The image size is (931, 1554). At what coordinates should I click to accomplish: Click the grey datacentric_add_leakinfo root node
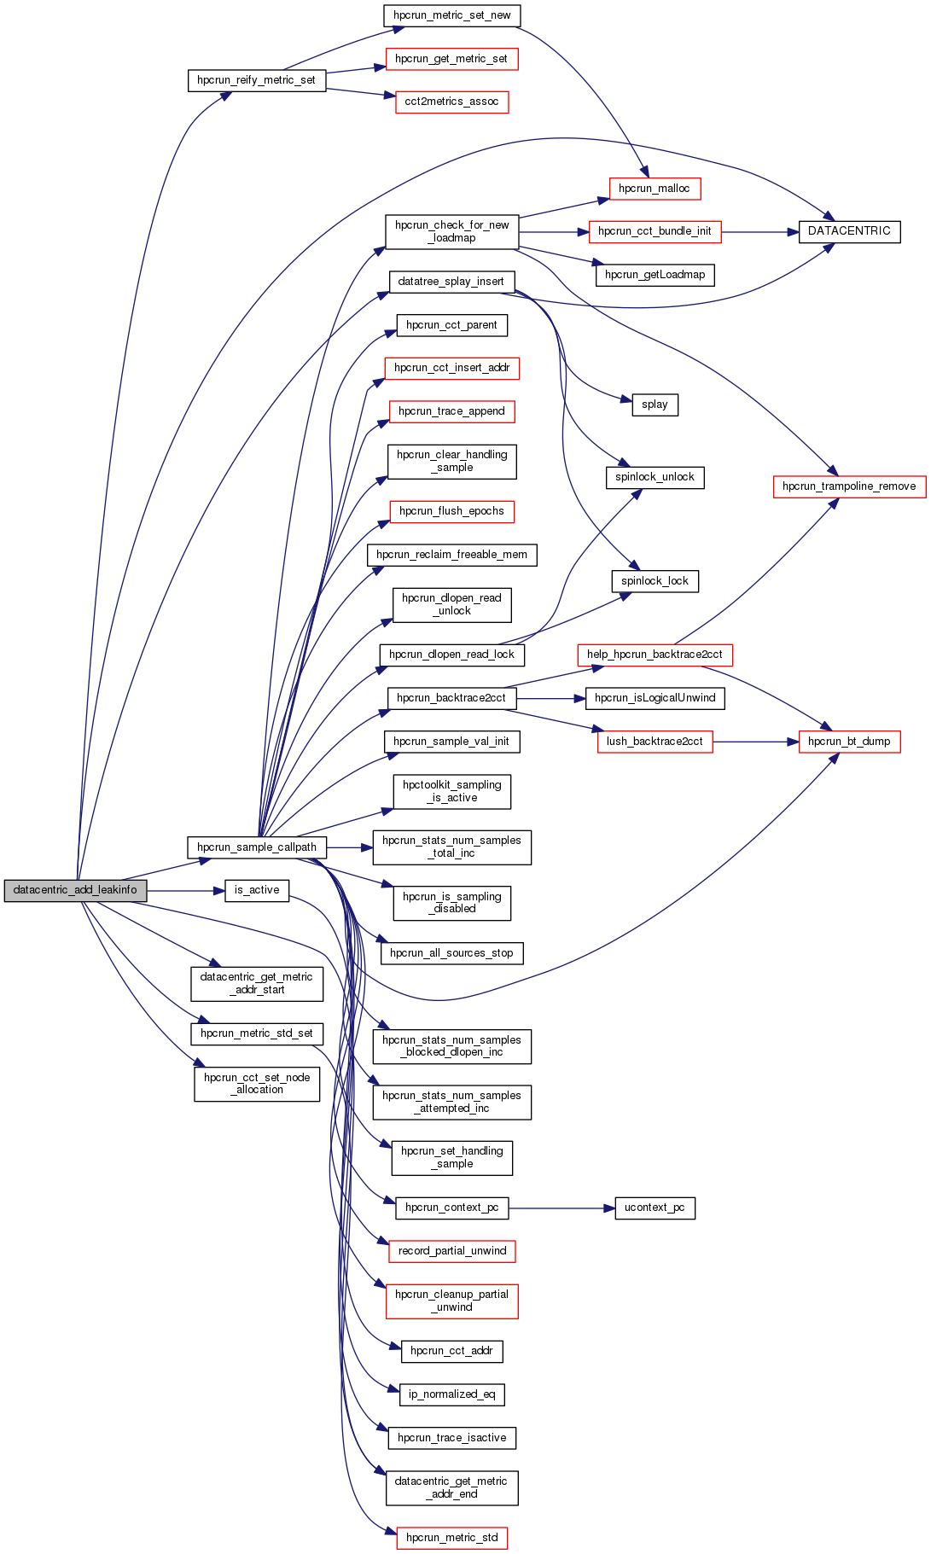[75, 890]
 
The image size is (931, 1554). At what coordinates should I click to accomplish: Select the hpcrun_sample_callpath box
[257, 847]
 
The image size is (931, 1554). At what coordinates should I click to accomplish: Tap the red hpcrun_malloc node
[655, 189]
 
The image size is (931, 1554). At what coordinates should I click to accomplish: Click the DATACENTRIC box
[849, 231]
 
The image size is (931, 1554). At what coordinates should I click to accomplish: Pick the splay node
[655, 405]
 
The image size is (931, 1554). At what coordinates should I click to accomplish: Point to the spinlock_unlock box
[655, 477]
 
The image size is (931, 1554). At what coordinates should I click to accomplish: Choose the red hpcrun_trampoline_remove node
[849, 486]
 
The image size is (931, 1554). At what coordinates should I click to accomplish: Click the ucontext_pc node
[655, 1208]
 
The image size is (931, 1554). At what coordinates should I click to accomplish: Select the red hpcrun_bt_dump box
[849, 742]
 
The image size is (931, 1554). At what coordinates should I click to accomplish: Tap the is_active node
[257, 890]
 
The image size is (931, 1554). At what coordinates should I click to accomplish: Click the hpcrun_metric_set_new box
[451, 15]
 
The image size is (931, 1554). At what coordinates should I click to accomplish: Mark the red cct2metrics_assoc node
[451, 102]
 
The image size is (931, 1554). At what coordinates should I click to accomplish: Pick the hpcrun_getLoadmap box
[655, 275]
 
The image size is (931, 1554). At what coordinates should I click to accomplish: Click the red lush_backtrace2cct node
[655, 742]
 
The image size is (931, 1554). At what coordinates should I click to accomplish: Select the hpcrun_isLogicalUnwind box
[655, 698]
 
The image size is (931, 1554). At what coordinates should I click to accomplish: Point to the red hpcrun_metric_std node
[451, 1538]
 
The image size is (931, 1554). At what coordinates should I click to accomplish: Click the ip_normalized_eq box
[451, 1394]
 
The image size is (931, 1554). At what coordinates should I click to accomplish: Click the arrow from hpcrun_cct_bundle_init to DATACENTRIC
[759, 231]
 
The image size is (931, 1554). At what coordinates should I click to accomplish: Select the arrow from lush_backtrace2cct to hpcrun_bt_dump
[755, 742]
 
